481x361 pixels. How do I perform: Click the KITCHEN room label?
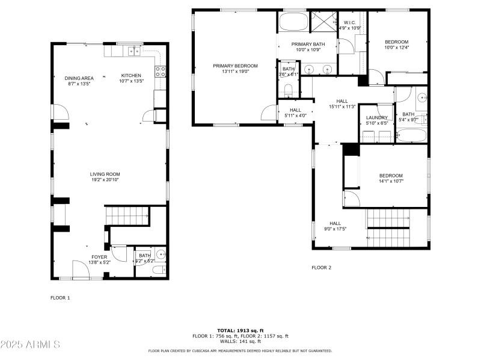pyautogui.click(x=131, y=76)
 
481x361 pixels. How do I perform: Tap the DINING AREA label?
pyautogui.click(x=79, y=78)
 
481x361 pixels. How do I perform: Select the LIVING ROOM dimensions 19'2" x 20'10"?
pyautogui.click(x=106, y=180)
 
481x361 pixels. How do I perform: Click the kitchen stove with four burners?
pyautogui.click(x=161, y=72)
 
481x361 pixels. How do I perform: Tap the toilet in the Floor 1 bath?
pyautogui.click(x=159, y=270)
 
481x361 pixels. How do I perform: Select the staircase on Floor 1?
pyautogui.click(x=127, y=215)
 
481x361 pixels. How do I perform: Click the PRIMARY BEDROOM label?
pyautogui.click(x=235, y=66)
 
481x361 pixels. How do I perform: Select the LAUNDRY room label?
pyautogui.click(x=377, y=118)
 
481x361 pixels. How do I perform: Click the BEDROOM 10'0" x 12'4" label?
pyautogui.click(x=396, y=42)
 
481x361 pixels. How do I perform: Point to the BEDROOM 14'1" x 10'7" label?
pyautogui.click(x=391, y=176)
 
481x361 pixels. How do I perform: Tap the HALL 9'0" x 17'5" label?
pyautogui.click(x=335, y=223)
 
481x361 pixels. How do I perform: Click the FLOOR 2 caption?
pyautogui.click(x=321, y=267)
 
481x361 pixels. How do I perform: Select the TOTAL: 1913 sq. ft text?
pyautogui.click(x=240, y=330)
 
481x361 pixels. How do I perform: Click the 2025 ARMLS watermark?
pyautogui.click(x=30, y=345)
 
